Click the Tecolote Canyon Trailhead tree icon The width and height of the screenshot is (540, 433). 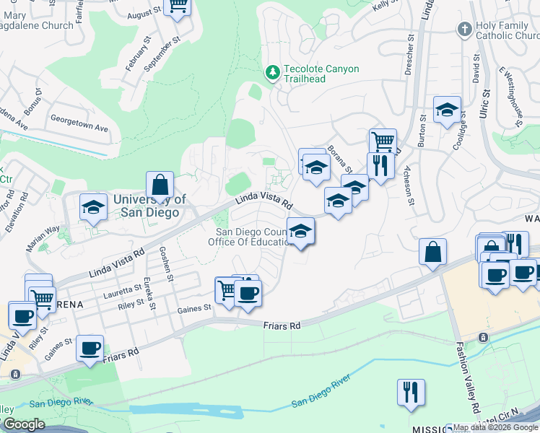272,72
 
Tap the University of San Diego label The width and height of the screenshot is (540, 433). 149,206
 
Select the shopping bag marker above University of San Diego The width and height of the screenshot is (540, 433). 160,184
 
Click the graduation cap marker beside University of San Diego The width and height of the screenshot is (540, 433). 92,207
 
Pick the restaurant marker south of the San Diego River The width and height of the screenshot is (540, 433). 411,392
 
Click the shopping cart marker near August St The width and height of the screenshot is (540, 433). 176,6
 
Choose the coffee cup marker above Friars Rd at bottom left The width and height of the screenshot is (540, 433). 90,348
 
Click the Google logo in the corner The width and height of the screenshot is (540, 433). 23,424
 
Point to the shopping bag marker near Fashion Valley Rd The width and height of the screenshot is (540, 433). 432,251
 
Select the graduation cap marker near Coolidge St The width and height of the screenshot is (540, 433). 447,110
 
